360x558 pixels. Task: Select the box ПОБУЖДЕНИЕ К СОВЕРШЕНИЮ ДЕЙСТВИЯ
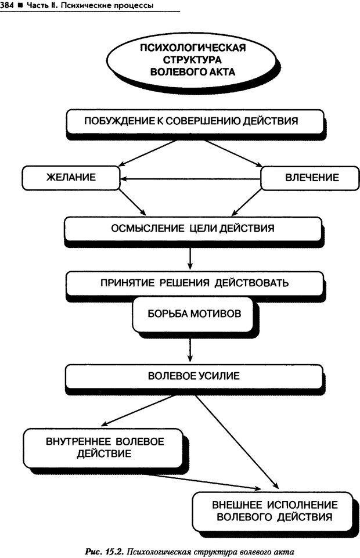[x=191, y=121]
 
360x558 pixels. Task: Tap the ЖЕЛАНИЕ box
[x=71, y=178]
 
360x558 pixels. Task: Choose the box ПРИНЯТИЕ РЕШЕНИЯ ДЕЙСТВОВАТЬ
[x=194, y=283]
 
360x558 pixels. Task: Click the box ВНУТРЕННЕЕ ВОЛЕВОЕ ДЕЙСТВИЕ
[x=104, y=447]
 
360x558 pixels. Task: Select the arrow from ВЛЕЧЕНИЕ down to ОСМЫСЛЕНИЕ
[x=243, y=203]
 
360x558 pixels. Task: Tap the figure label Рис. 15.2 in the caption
[x=105, y=550]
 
